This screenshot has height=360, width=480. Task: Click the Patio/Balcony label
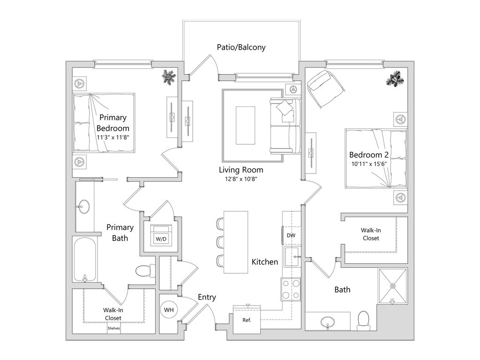point(241,47)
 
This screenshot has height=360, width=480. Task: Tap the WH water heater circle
point(168,310)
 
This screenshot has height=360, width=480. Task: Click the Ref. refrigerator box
point(247,320)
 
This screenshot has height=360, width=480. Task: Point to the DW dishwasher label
point(291,235)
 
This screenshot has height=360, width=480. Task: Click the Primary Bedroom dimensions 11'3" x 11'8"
point(112,138)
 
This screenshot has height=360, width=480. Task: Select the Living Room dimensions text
point(241,179)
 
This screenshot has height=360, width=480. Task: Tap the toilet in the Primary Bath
point(145,270)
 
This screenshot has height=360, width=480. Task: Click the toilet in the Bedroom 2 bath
point(364,320)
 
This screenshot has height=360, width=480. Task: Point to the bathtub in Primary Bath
point(85,259)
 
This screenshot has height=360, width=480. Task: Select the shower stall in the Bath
point(393,285)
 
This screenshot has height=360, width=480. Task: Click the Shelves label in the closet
point(113,329)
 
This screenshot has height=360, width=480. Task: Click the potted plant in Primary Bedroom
point(168,76)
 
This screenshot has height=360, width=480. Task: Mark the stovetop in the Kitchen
point(291,289)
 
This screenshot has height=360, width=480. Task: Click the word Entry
point(207,297)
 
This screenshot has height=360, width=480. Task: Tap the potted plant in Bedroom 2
point(394,77)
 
